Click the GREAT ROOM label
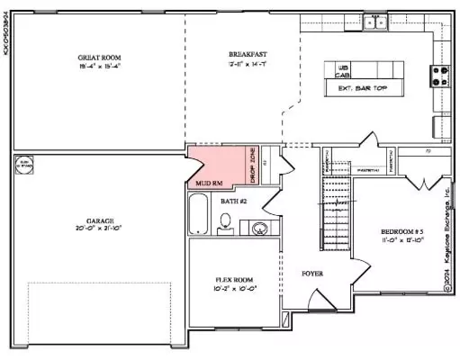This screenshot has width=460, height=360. (93, 57)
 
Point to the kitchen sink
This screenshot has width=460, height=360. (374, 23)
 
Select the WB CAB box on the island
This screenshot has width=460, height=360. (343, 72)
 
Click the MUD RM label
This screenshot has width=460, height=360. (209, 183)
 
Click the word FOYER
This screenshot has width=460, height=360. (312, 273)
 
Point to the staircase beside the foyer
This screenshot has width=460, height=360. (335, 211)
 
